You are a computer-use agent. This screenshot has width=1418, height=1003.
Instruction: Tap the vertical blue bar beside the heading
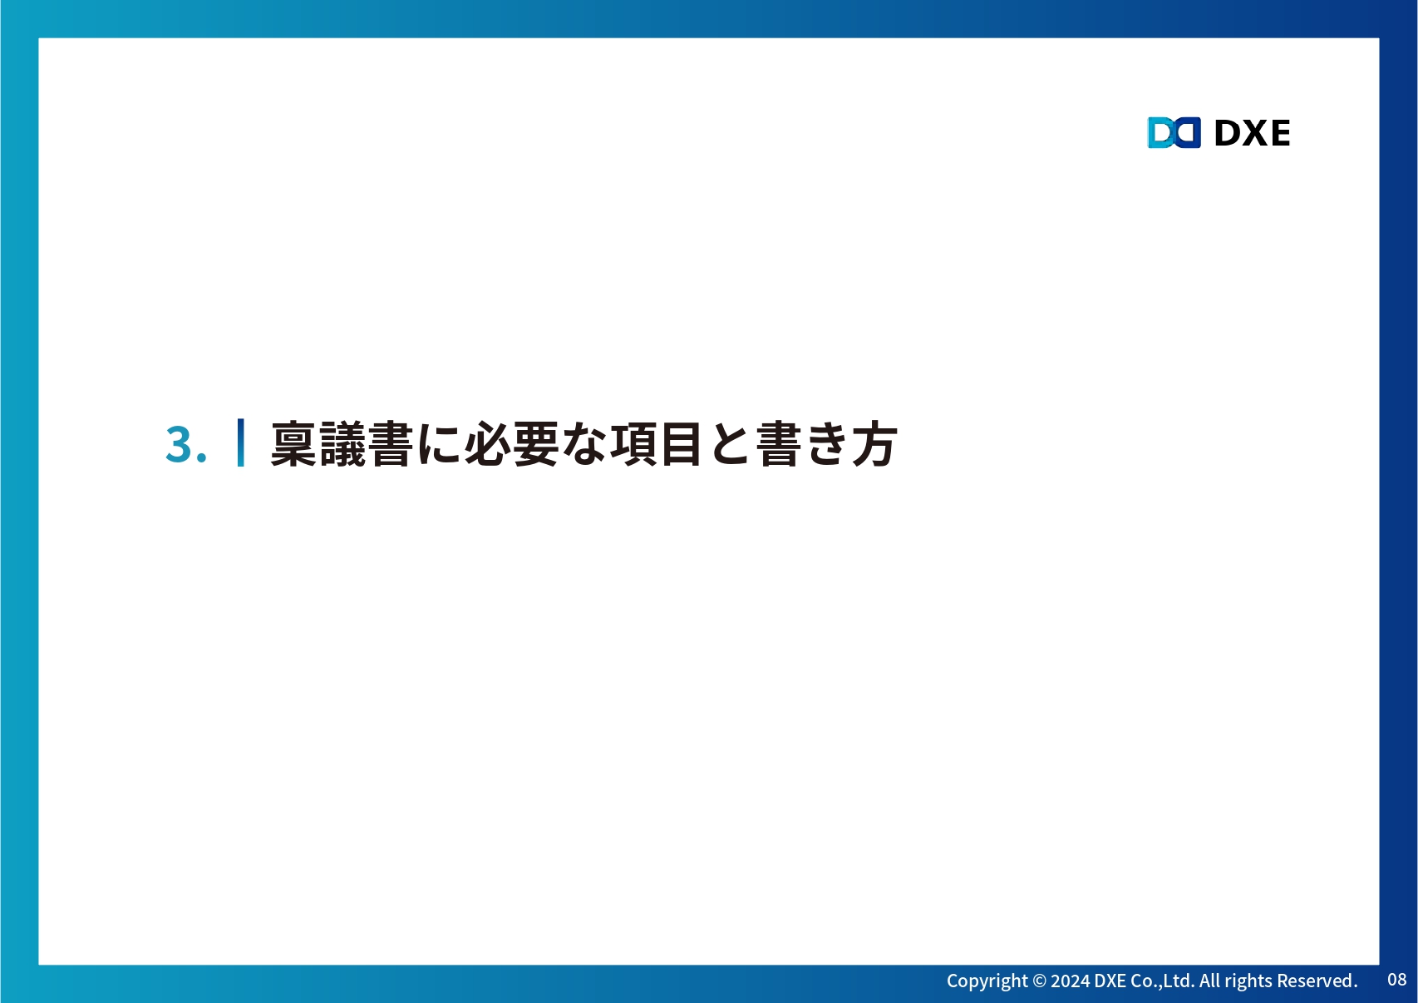coord(240,442)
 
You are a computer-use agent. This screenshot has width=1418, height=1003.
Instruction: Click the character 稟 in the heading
coord(293,443)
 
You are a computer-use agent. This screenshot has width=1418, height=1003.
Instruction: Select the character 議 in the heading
coord(342,443)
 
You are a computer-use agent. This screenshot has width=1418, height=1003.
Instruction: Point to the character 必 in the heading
coord(488,443)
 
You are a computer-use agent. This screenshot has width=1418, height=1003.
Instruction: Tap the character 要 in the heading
coord(536,443)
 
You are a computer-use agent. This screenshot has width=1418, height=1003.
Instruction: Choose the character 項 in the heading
coord(633,443)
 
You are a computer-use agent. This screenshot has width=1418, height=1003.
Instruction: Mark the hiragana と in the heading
coord(730,443)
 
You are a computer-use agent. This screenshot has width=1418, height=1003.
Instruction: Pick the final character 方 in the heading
coord(875,443)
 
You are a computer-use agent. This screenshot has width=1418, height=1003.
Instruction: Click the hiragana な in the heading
coord(584,443)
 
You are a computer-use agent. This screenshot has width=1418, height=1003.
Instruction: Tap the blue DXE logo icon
coord(1174,132)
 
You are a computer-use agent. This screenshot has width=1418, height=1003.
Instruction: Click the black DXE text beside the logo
coord(1252,133)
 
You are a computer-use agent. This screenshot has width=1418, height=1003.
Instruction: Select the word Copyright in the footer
coord(987,981)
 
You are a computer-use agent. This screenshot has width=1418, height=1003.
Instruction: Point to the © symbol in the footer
coord(1040,981)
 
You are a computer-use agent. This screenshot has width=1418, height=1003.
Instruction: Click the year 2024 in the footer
coord(1070,981)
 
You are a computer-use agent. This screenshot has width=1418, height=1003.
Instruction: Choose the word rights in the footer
coord(1248,981)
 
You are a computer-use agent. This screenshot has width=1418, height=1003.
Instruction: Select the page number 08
coord(1397,980)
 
